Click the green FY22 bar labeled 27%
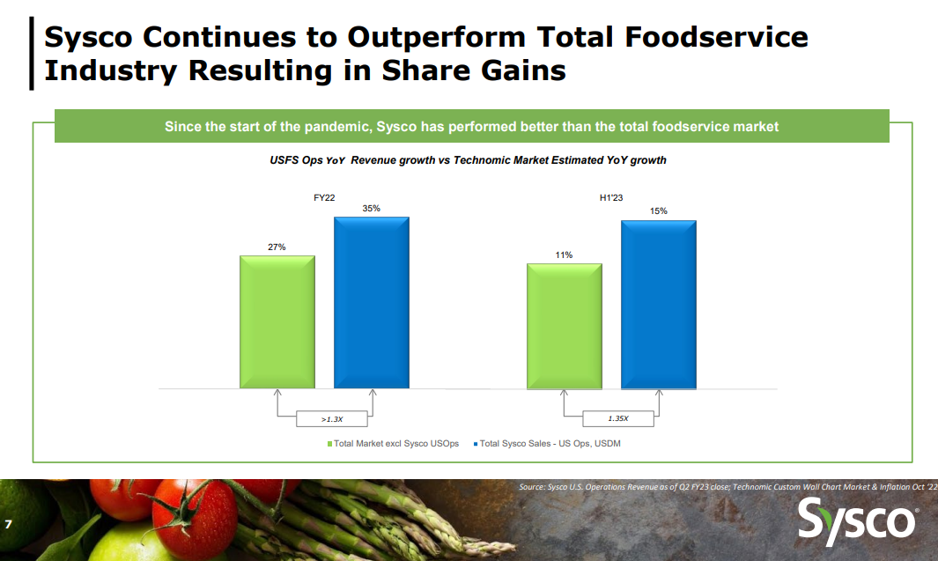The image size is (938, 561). (x=277, y=321)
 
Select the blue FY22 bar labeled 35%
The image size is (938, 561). (x=371, y=302)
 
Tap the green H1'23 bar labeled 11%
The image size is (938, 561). (x=564, y=326)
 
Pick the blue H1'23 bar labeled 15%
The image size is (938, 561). (x=658, y=304)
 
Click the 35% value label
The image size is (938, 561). (x=371, y=209)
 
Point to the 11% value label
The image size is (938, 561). (x=564, y=255)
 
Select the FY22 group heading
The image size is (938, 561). (x=324, y=198)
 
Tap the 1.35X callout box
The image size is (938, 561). (x=617, y=419)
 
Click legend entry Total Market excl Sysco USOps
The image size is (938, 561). (x=393, y=444)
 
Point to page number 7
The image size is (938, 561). (x=8, y=525)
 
